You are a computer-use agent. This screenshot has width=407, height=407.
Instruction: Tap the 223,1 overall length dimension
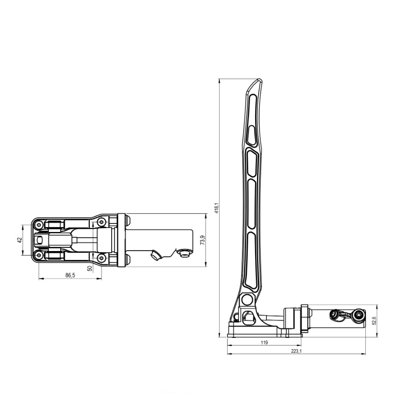296,351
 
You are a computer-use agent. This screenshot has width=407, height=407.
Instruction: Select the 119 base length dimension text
264,343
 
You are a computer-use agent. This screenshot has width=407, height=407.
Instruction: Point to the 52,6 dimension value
374,320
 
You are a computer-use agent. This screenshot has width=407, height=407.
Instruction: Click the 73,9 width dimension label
203,240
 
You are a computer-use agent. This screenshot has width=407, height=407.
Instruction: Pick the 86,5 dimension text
70,275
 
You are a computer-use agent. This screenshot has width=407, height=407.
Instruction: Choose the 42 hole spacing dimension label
19,240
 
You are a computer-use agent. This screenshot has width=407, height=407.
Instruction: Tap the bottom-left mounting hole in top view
39,256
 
